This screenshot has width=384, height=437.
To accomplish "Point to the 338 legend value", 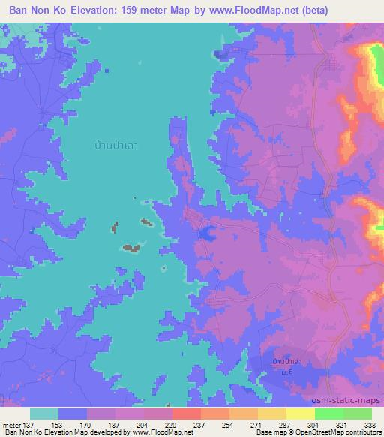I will coord(370,424).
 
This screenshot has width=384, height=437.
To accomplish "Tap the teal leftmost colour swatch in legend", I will coord(43,414).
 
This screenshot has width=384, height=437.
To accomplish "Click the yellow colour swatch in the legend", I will coord(300,414).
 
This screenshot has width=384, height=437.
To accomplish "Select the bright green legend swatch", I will coord(328,414).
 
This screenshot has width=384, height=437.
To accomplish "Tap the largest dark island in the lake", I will coord(132,247).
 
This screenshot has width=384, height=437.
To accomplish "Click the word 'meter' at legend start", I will coord(12,424).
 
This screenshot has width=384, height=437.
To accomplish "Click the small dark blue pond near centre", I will coord(203,234).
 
